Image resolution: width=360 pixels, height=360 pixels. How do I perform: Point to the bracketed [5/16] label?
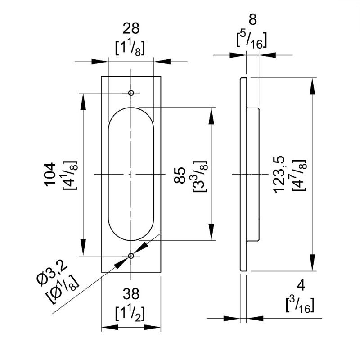[x=252, y=40]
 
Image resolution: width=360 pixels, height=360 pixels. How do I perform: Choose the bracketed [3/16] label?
[x=300, y=305]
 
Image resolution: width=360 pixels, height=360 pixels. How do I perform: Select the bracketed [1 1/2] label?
[x=130, y=311]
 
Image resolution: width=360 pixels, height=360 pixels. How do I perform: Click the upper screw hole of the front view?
[x=131, y=93]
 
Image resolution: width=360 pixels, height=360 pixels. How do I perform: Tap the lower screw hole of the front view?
[x=131, y=256]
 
